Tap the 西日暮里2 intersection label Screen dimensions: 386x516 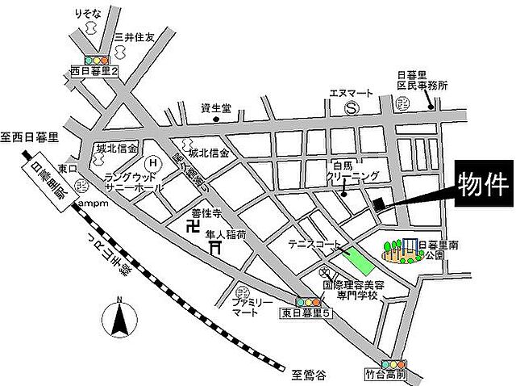pyautogui.click(x=94, y=71)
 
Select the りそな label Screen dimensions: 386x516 pyautogui.click(x=88, y=15)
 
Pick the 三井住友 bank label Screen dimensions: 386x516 pyautogui.click(x=132, y=36)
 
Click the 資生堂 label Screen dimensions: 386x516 pyautogui.click(x=216, y=107)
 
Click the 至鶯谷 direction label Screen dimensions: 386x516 pyautogui.click(x=307, y=373)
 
